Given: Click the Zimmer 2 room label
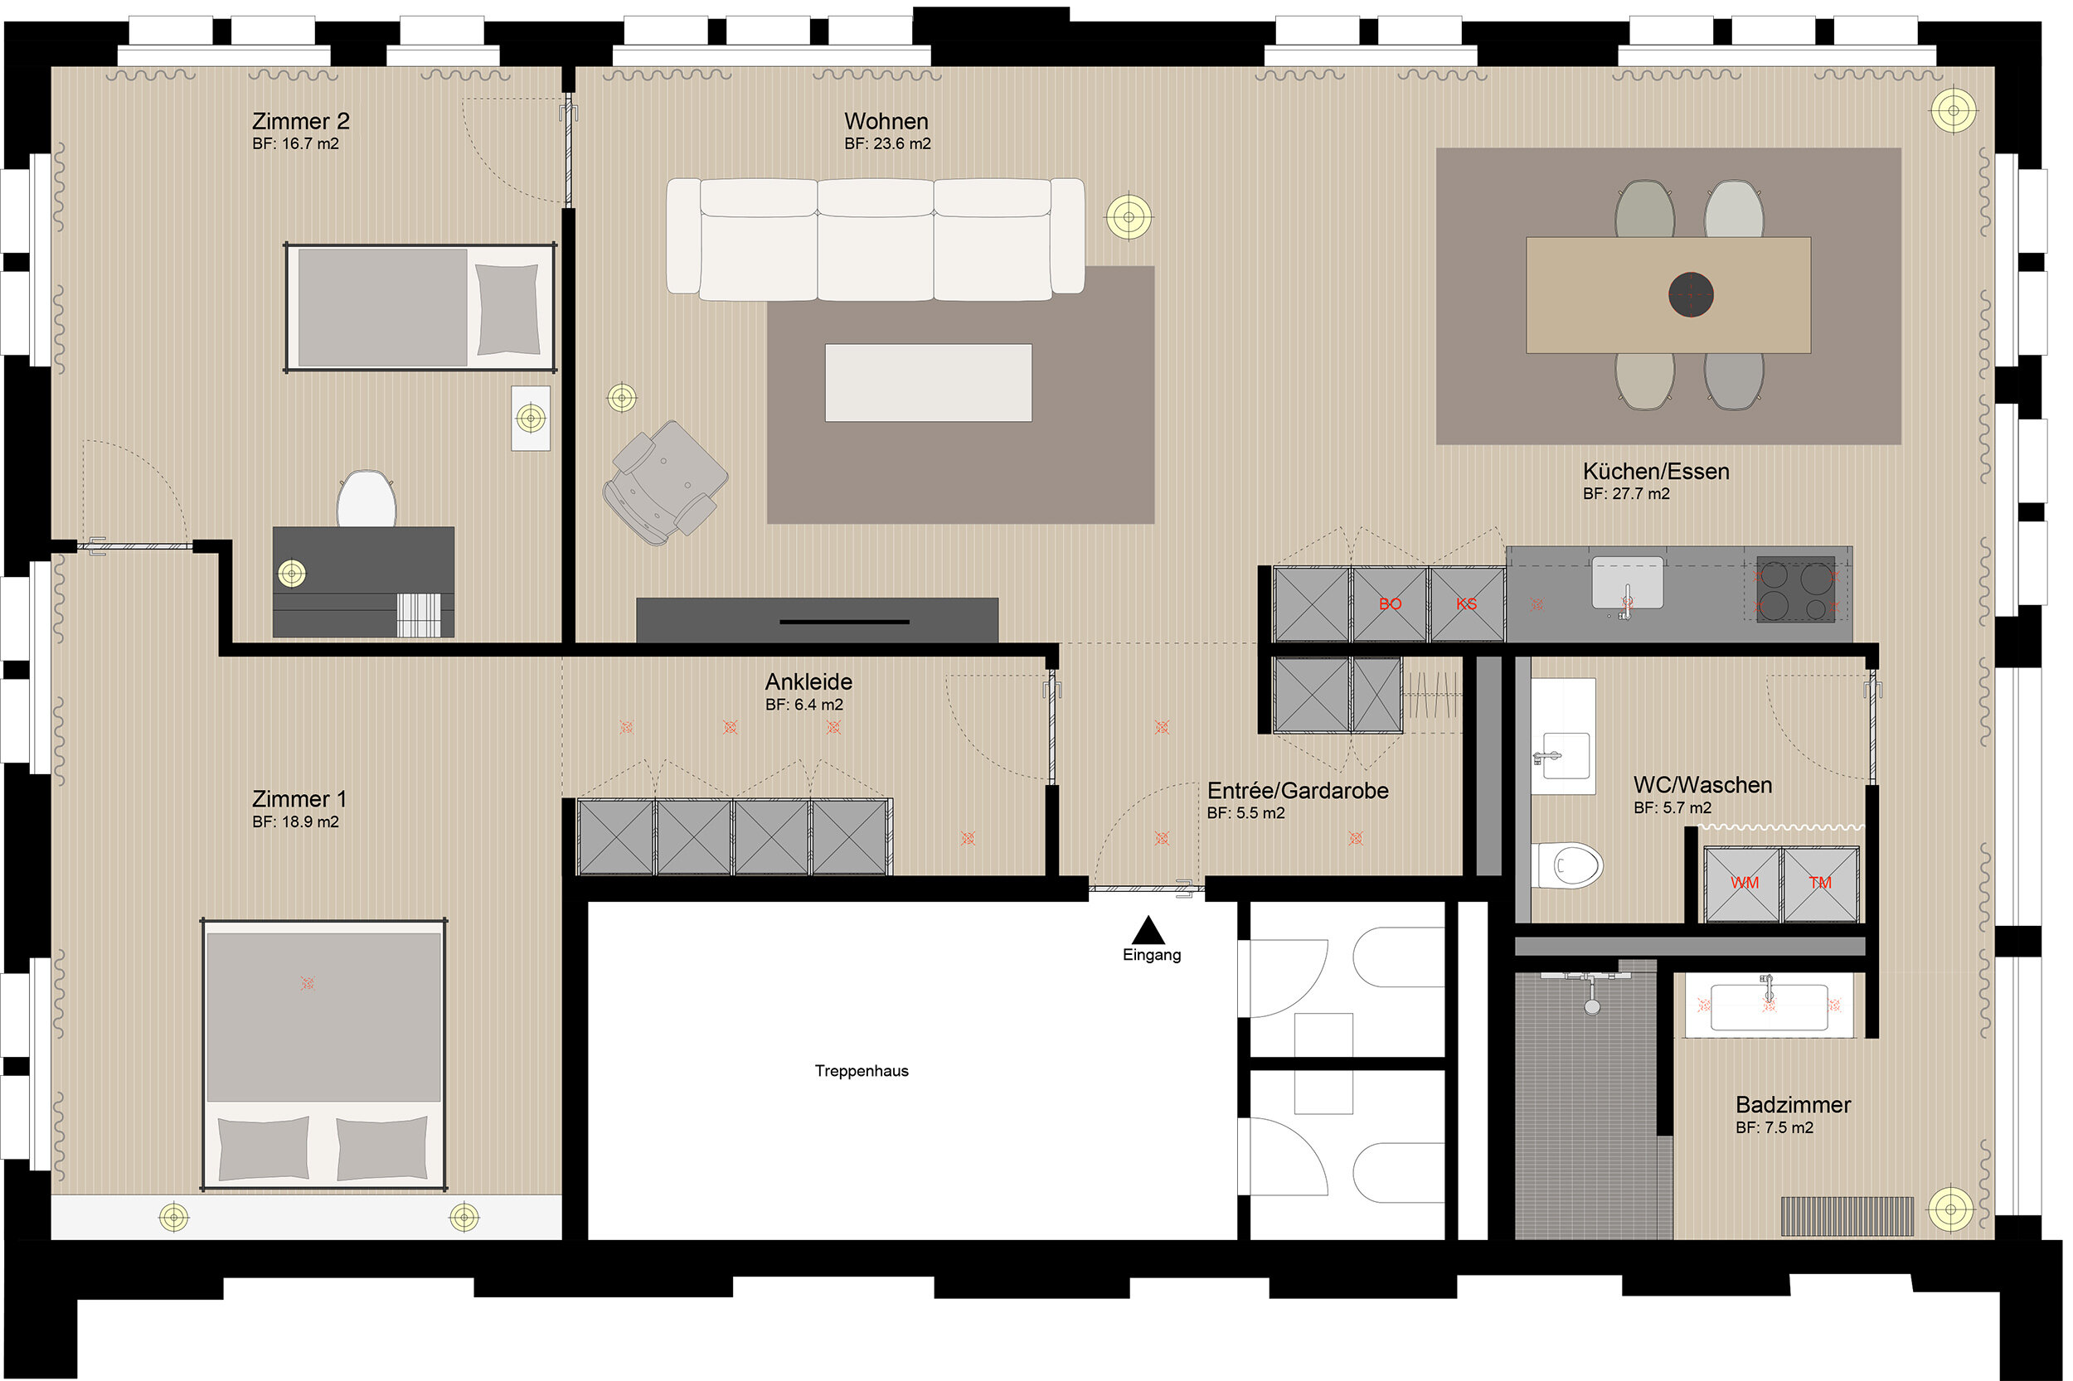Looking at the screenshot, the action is [x=300, y=121].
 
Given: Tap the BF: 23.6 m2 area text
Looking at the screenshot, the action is [x=887, y=143].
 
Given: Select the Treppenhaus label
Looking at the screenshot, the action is [x=862, y=1071].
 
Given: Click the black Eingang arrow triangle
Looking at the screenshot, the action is [x=1148, y=930].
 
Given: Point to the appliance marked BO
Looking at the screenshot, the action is [x=1390, y=604].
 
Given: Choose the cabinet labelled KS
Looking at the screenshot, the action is [x=1467, y=604].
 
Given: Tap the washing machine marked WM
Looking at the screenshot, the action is [x=1744, y=884].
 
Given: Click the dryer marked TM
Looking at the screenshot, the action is [x=1820, y=884].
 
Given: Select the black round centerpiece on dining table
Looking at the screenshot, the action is [x=1691, y=294].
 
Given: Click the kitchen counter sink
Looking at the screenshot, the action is [x=1627, y=582].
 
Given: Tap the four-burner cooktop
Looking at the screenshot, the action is [x=1795, y=589].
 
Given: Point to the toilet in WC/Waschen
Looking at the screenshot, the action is [x=1566, y=865].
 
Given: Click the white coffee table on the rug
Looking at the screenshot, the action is [x=929, y=383].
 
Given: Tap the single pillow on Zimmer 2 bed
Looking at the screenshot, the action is [x=507, y=309].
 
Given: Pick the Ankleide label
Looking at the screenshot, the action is [x=808, y=681].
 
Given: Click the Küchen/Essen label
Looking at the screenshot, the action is [x=1656, y=471].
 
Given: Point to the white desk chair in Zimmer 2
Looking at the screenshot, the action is [x=367, y=498].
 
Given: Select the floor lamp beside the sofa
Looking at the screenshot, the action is [x=1129, y=216].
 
